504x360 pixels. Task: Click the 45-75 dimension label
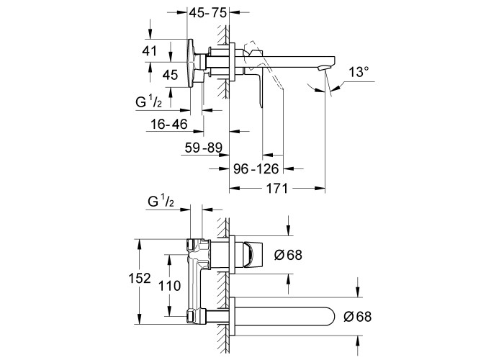click(207, 12)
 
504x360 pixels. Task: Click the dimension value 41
click(150, 51)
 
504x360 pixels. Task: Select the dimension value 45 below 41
click(170, 75)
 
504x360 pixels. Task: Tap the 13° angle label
click(359, 72)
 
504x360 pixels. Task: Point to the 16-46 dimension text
click(169, 124)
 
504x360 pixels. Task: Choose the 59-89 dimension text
click(204, 148)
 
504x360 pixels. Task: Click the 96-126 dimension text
click(256, 168)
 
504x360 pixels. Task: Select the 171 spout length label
click(277, 188)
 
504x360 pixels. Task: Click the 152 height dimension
click(140, 279)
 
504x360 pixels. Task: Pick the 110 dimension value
click(170, 285)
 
